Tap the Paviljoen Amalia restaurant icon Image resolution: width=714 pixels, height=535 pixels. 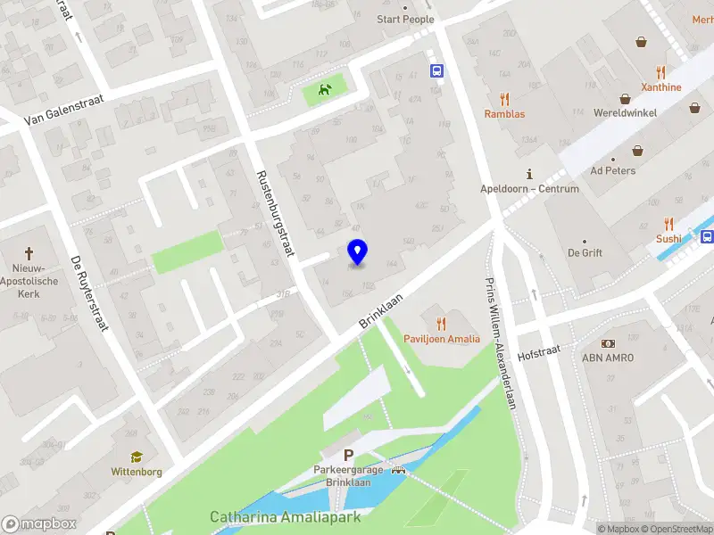(441, 324)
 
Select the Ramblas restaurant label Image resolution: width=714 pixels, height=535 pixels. (504, 114)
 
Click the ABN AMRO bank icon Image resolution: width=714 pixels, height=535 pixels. (608, 343)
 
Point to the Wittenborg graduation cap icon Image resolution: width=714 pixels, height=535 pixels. (137, 457)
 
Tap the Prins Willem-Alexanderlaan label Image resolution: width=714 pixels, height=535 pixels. (501, 343)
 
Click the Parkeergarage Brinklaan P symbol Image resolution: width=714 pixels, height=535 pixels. (349, 455)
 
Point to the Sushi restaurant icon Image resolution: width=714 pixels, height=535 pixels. (668, 224)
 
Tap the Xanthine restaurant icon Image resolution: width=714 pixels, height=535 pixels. (660, 72)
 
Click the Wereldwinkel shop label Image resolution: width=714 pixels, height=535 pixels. (626, 113)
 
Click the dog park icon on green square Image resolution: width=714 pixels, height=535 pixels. (324, 89)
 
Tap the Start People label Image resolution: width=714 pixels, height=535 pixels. (405, 19)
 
